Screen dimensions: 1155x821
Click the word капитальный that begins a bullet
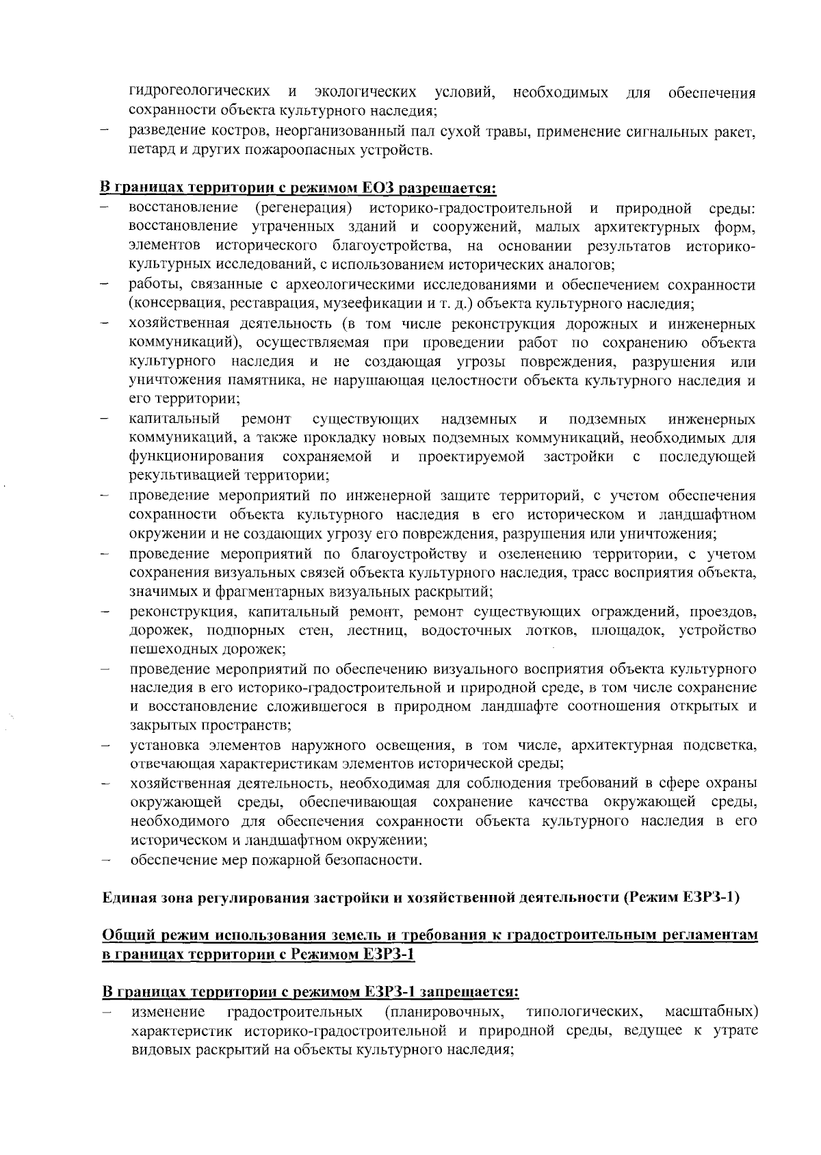(174, 418)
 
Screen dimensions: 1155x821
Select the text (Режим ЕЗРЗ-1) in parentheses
(681, 897)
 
